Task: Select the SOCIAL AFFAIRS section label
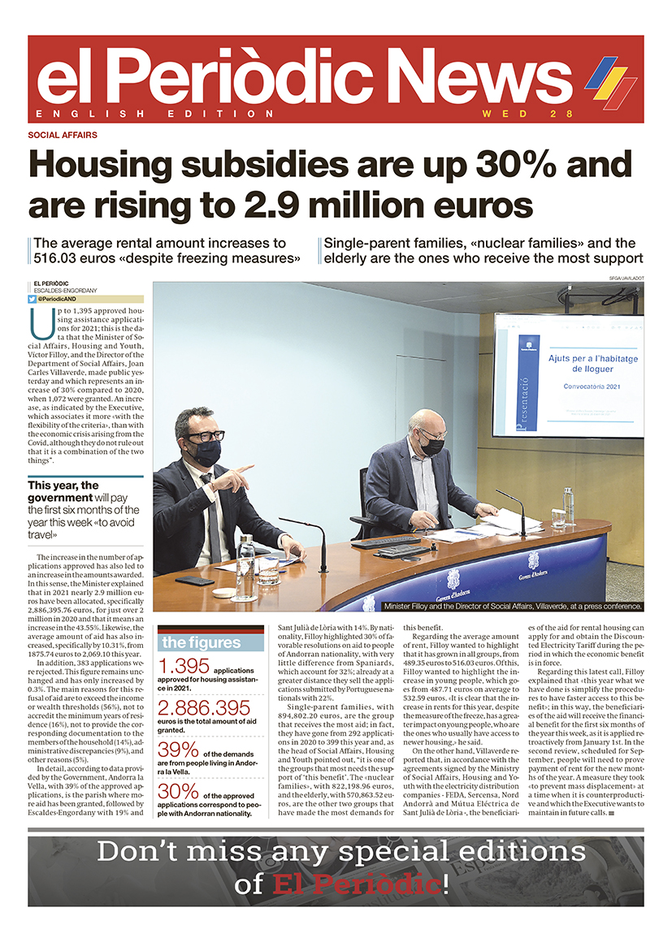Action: (62, 135)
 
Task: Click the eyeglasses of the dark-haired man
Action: (204, 436)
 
